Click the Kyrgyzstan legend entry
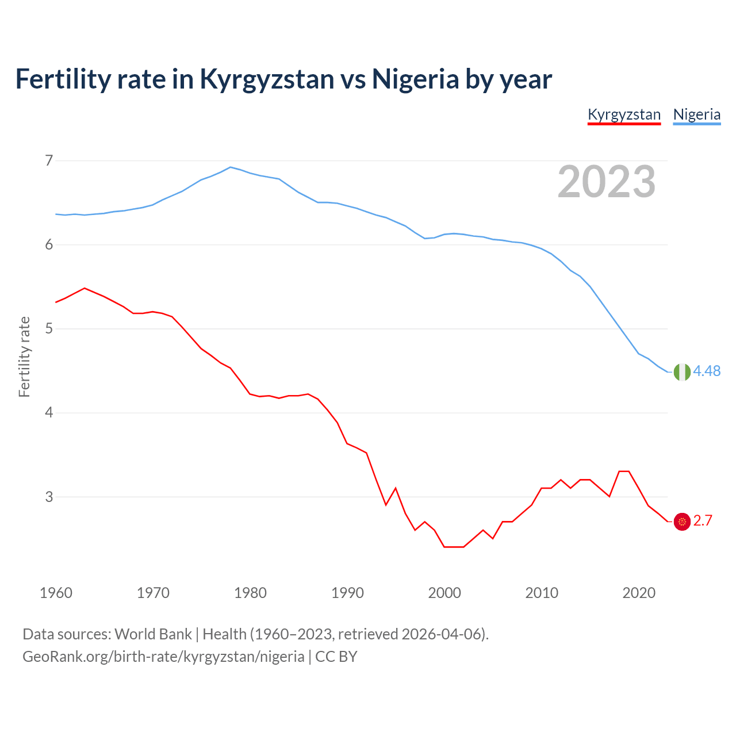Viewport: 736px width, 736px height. [x=624, y=114]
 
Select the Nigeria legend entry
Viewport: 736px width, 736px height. [x=697, y=114]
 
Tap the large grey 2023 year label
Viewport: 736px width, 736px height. [x=607, y=182]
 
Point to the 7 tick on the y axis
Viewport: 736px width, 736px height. [x=49, y=160]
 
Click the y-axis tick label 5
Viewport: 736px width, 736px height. [x=49, y=329]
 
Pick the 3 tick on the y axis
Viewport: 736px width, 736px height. [x=49, y=497]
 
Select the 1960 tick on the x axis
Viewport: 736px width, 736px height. [x=56, y=593]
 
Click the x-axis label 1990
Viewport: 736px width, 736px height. [x=347, y=593]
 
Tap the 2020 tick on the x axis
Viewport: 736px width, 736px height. [x=639, y=593]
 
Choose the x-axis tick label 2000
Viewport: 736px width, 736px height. [x=444, y=593]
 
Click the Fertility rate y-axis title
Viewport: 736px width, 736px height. [x=24, y=356]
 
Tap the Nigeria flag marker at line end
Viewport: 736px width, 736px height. [x=682, y=372]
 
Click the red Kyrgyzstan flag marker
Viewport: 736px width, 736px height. [x=682, y=522]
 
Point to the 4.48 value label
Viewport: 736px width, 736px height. [x=707, y=371]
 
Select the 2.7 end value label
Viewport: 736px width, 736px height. [x=703, y=521]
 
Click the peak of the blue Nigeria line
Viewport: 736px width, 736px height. [x=231, y=167]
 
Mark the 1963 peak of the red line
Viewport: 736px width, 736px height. [x=85, y=288]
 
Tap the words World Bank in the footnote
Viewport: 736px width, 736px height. [x=153, y=634]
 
